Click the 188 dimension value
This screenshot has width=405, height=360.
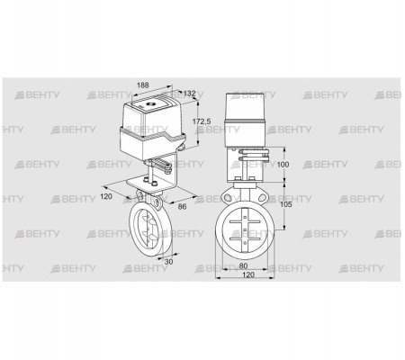click(x=143, y=85)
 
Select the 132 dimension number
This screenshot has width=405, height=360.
click(x=189, y=94)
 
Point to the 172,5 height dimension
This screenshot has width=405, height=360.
click(x=202, y=121)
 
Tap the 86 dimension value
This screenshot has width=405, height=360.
click(x=182, y=206)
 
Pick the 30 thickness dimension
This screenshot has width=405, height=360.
click(x=169, y=262)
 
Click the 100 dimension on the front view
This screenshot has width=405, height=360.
click(x=283, y=165)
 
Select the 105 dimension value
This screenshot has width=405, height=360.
click(x=287, y=204)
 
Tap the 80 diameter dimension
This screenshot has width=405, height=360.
click(x=244, y=265)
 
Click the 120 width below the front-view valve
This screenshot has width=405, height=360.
click(x=248, y=274)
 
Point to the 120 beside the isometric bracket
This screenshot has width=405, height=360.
click(x=106, y=196)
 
